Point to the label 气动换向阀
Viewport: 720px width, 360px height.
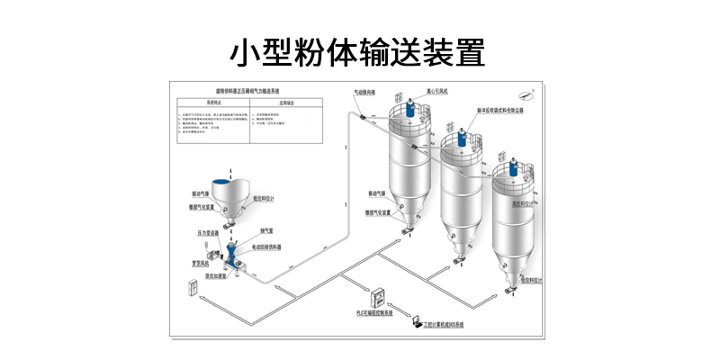pyautogui.click(x=364, y=92)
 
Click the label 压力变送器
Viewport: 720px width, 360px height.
pyautogui.click(x=208, y=232)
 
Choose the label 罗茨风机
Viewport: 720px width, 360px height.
pyautogui.click(x=202, y=264)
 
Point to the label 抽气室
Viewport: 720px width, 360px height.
pyautogui.click(x=267, y=230)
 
